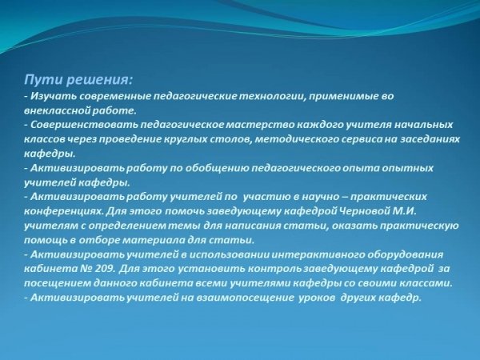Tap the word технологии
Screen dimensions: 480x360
pyautogui.click(x=271, y=97)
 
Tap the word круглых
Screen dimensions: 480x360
pyautogui.click(x=186, y=139)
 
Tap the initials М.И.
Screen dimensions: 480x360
pyautogui.click(x=405, y=211)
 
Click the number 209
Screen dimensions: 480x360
pyautogui.click(x=106, y=269)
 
